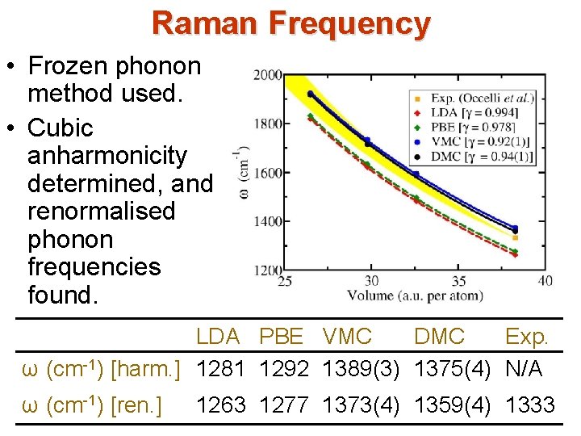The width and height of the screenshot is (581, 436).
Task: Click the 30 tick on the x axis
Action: [371, 280]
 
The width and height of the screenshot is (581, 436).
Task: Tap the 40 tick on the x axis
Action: [545, 280]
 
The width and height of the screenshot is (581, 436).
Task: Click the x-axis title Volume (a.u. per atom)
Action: [415, 296]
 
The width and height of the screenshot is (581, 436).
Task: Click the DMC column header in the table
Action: [439, 337]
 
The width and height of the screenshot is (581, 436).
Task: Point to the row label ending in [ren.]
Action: [91, 405]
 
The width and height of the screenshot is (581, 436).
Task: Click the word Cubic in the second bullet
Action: [60, 128]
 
